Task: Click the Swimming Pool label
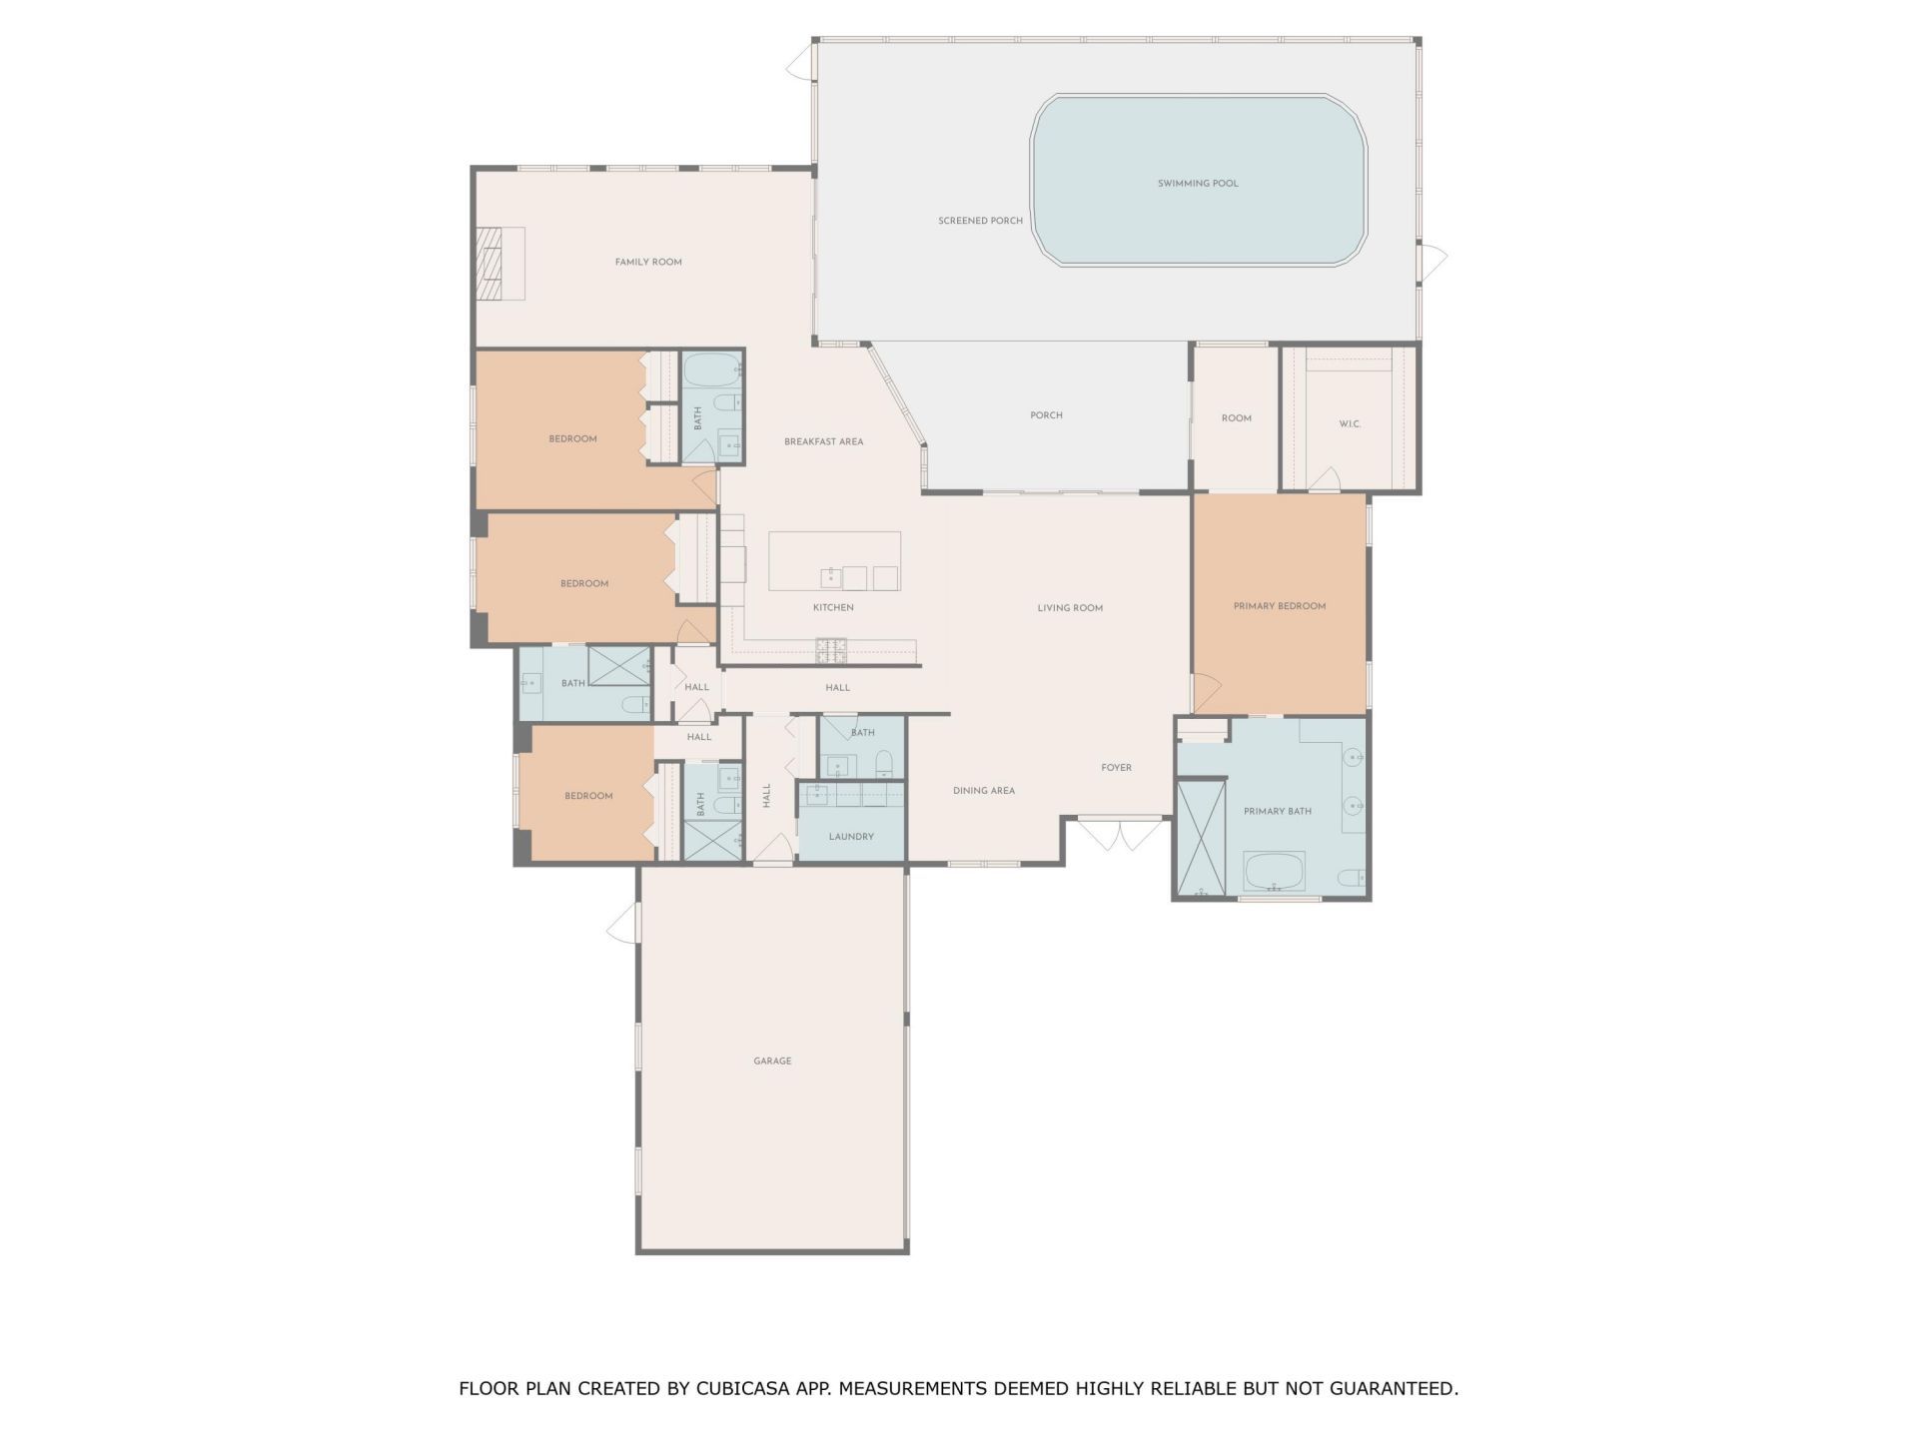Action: [1197, 184]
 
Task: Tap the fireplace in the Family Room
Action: [499, 264]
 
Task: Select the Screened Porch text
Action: [980, 221]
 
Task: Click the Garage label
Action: [772, 1061]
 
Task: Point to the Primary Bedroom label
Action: [1279, 606]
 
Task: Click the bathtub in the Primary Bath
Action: [1274, 871]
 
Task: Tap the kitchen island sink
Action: [830, 577]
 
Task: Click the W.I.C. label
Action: [1350, 424]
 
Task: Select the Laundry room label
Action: [851, 837]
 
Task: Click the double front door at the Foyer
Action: [1119, 835]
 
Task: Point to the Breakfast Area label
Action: [823, 441]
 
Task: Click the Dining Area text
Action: [983, 791]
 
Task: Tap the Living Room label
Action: [1069, 608]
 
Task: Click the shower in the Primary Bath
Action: [1201, 839]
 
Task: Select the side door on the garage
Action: [622, 924]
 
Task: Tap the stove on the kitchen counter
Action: [831, 650]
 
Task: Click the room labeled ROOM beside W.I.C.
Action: [1236, 418]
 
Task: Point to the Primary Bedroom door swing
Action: [1206, 690]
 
